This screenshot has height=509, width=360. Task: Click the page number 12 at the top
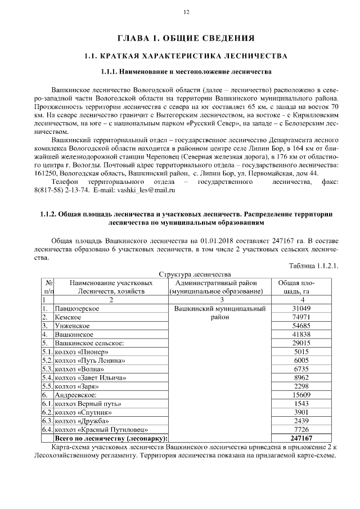pyautogui.click(x=186, y=12)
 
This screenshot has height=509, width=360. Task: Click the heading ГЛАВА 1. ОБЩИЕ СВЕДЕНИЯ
pyautogui.click(x=186, y=38)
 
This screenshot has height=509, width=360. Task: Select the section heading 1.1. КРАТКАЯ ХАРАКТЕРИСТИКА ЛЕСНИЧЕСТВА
pyautogui.click(x=186, y=56)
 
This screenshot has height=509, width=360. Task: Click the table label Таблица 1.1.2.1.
pyautogui.click(x=313, y=266)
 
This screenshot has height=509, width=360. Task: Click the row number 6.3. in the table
pyautogui.click(x=47, y=421)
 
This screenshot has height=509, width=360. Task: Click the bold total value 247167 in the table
pyautogui.click(x=301, y=438)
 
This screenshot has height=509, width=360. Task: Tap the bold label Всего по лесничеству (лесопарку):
pyautogui.click(x=111, y=438)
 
